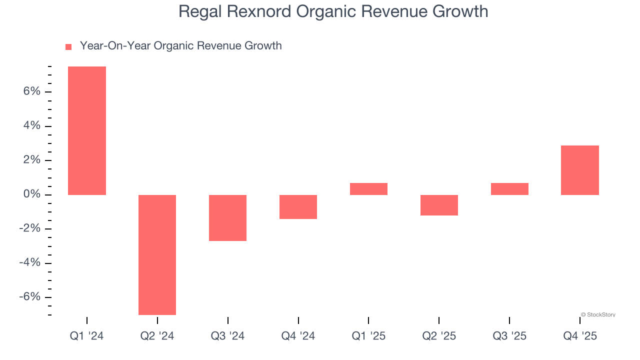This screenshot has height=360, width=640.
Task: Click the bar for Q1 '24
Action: click(87, 130)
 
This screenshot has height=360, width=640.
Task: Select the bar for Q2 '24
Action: click(157, 254)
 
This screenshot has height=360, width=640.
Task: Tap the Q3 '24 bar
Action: click(227, 218)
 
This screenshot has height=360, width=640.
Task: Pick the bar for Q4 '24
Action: click(298, 206)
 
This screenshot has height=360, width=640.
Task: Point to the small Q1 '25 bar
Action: click(368, 189)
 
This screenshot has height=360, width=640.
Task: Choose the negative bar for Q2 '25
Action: click(439, 205)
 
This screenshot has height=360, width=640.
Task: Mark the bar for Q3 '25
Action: click(509, 189)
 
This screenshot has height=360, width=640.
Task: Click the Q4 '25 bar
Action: click(580, 170)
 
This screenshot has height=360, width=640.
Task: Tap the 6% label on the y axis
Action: click(31, 91)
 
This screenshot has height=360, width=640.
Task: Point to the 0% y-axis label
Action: click(31, 194)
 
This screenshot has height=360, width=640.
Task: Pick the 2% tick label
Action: click(31, 160)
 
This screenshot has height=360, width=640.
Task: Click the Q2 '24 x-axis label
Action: click(157, 336)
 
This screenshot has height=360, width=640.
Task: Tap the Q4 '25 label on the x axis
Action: click(580, 336)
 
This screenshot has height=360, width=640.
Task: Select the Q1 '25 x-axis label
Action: click(368, 336)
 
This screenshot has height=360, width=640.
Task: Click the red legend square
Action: click(68, 47)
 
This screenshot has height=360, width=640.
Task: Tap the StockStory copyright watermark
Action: click(598, 315)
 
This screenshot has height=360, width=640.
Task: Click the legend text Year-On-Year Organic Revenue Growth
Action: click(180, 46)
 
